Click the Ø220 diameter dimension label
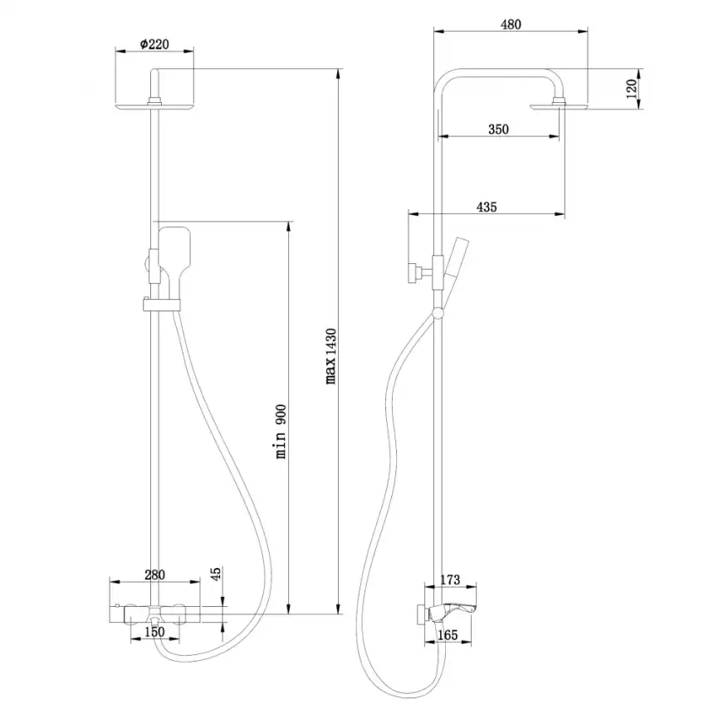[154, 42]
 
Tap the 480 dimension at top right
[511, 24]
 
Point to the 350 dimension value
[498, 129]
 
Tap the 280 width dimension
[155, 574]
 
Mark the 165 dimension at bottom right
[448, 635]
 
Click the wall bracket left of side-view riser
[413, 271]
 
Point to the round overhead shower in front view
[154, 105]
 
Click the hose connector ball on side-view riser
[438, 311]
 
